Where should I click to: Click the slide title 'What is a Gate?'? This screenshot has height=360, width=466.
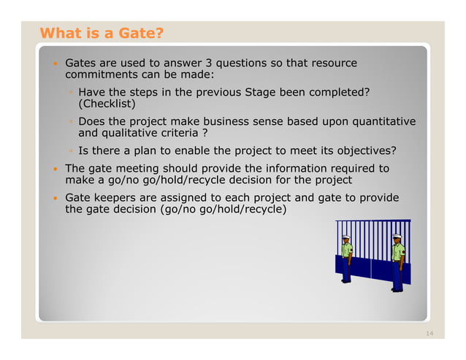[x=102, y=33]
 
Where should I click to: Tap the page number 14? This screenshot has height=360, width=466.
[x=429, y=333]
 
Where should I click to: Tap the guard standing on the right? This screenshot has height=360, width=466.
[x=397, y=261]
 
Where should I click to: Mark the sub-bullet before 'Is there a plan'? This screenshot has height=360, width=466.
[x=71, y=151]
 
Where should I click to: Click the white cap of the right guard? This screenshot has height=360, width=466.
[x=397, y=236]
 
